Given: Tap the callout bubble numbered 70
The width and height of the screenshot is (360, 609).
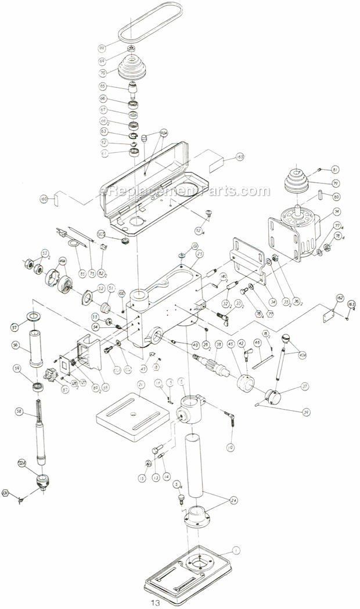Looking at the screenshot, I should [x=103, y=74].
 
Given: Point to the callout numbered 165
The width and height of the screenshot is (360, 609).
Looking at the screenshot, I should [x=239, y=157].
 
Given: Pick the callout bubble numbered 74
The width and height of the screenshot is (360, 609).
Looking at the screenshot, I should [x=336, y=212].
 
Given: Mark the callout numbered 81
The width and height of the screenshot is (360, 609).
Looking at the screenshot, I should [x=334, y=169].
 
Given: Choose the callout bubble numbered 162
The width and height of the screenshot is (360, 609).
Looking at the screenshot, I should [x=340, y=298].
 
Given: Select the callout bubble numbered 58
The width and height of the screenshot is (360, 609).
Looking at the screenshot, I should [x=19, y=412].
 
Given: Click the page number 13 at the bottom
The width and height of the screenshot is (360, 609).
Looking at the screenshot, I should [x=154, y=603].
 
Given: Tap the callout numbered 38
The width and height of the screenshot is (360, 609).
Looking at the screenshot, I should [x=218, y=344].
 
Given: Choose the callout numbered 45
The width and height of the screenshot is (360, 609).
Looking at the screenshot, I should [x=231, y=344].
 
